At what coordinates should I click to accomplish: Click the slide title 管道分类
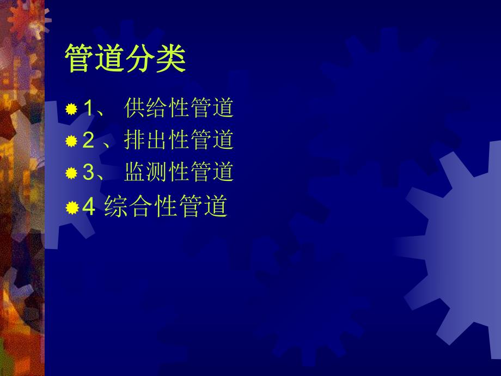[125, 59]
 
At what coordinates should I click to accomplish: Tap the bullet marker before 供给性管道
[71, 110]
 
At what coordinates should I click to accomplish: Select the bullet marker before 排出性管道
[71, 142]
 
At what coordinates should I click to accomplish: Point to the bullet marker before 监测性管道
[71, 173]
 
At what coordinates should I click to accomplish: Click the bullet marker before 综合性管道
[71, 208]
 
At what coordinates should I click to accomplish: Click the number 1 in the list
[88, 108]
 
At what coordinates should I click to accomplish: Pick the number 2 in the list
[88, 141]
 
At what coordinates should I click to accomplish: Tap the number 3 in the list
[88, 173]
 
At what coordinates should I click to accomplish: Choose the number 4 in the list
[89, 207]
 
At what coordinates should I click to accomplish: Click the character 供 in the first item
[135, 108]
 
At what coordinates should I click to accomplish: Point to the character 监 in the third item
[135, 172]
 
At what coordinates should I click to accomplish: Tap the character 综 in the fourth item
[114, 207]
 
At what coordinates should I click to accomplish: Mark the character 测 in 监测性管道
[157, 172]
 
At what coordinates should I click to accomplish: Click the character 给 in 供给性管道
[157, 108]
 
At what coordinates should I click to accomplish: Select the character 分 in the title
[140, 59]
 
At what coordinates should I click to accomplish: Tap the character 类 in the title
[171, 59]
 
